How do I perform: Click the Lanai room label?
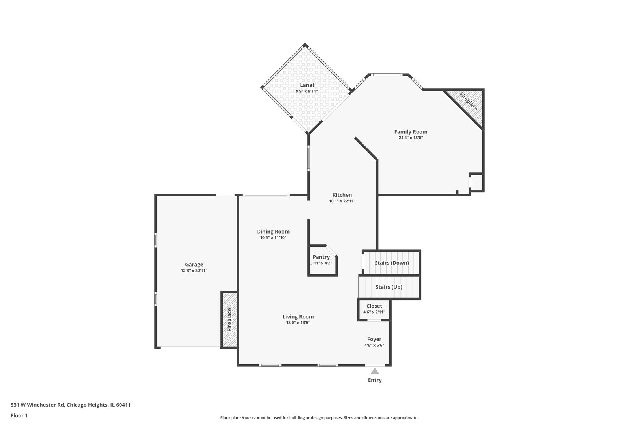point(306,85)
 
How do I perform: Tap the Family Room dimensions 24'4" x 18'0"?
point(411,138)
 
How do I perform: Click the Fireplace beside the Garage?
point(229,319)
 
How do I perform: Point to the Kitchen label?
point(342,195)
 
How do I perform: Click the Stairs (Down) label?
point(392,263)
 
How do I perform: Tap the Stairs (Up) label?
point(389,287)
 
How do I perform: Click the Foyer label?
point(374,339)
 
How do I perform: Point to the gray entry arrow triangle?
point(375,371)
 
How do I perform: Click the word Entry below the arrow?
point(375,380)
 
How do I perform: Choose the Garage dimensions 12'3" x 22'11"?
point(194,271)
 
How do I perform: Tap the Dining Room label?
point(273,232)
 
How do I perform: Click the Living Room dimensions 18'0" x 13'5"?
point(298,323)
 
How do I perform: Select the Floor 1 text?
point(19,415)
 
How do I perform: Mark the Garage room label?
point(194,265)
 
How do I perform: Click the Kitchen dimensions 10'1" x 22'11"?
point(342,201)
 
